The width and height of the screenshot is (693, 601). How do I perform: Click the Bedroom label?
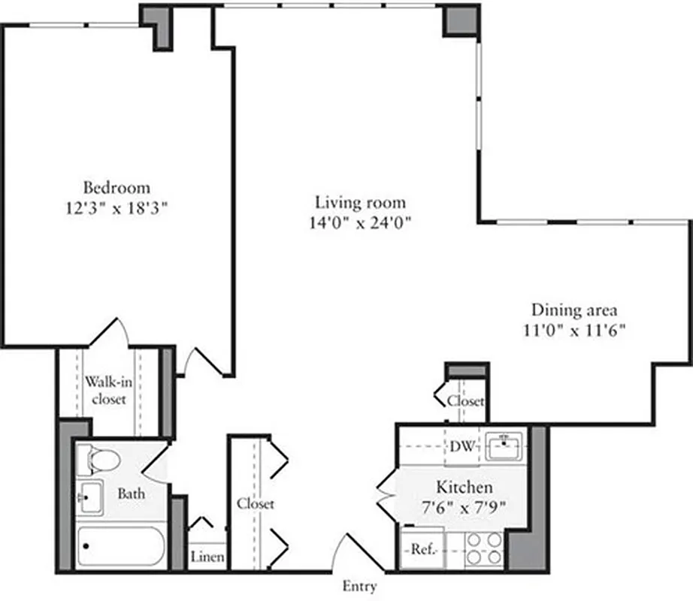click(117, 188)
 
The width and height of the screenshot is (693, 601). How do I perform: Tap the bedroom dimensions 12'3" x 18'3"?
click(117, 208)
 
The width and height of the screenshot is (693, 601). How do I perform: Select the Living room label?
click(361, 202)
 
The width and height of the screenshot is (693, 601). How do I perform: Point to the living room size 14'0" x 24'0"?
click(361, 222)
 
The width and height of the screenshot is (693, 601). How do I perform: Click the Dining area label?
click(575, 309)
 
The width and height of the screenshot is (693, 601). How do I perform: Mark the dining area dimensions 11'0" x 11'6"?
click(575, 329)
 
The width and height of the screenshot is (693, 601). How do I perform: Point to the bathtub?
click(121, 548)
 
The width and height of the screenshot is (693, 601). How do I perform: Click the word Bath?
click(131, 494)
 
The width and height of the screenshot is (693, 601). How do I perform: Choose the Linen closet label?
click(205, 557)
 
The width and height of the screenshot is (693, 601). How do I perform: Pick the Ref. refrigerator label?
click(421, 549)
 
